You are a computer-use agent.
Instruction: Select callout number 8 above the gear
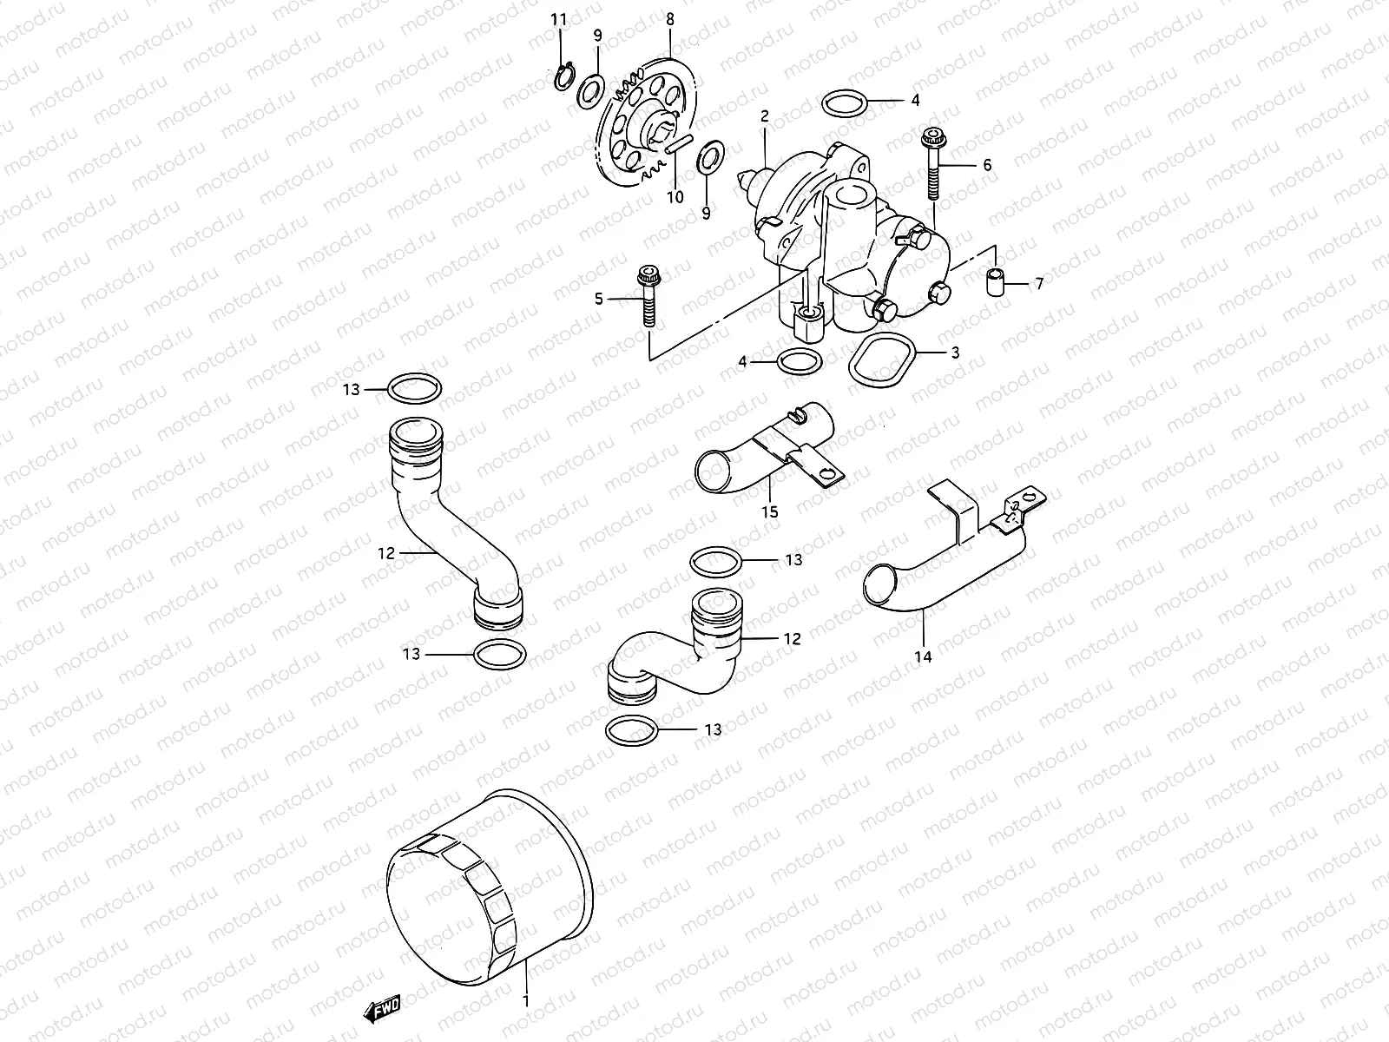tap(669, 18)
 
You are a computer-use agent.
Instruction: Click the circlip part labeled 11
tap(563, 79)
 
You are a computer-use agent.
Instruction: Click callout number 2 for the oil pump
tap(765, 115)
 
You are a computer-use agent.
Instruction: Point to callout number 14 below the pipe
tap(923, 656)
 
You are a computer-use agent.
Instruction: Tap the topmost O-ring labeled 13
tap(413, 388)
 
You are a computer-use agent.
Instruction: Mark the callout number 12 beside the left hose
tap(385, 552)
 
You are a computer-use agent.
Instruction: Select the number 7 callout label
tap(1039, 284)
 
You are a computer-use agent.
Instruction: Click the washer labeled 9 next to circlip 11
tap(591, 88)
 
